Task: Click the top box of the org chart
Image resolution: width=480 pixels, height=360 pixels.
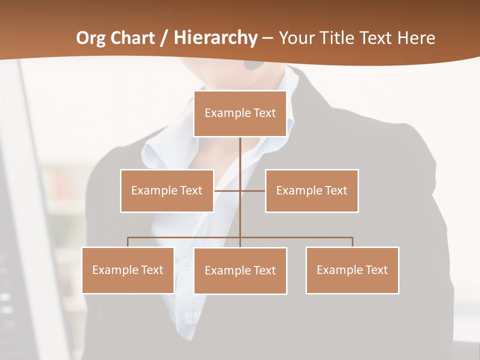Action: (240, 113)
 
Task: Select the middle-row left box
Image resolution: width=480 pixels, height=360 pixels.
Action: (167, 190)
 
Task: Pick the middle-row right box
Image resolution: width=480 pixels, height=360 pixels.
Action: (311, 190)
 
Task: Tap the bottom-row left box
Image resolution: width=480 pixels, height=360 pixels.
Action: (128, 270)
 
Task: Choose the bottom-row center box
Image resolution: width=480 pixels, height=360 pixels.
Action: (240, 270)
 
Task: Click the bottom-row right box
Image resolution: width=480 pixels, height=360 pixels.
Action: (352, 270)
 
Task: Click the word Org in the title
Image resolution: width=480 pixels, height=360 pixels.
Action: (90, 38)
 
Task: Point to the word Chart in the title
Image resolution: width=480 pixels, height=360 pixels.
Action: (132, 38)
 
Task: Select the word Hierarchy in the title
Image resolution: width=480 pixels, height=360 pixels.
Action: (215, 38)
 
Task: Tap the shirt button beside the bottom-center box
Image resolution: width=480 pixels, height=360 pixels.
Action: (187, 264)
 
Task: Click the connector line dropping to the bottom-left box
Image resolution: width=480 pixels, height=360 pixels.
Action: (128, 242)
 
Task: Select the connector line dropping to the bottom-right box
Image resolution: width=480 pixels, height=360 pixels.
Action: (352, 242)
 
